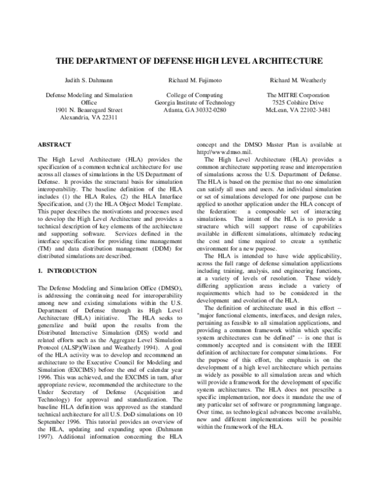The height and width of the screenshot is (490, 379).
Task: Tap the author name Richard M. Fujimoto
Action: (x=189, y=81)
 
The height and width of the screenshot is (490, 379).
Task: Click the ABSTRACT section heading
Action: (x=55, y=145)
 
